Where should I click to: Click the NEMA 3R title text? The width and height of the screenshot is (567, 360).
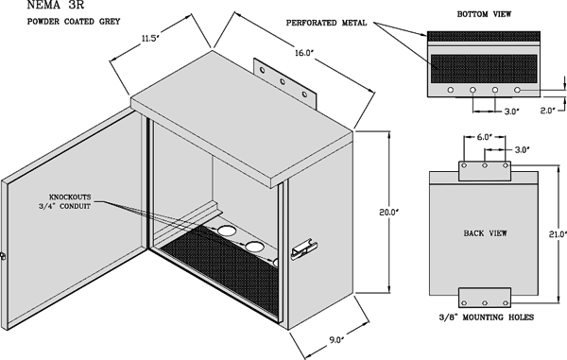56,5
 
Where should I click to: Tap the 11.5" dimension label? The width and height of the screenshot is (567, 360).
150,39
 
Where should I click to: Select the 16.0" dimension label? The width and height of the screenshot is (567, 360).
303,53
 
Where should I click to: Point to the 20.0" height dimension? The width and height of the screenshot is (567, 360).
388,213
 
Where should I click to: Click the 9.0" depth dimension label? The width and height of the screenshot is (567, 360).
335,340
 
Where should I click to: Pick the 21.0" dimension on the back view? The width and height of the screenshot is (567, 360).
558,234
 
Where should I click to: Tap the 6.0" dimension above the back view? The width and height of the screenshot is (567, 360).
485,137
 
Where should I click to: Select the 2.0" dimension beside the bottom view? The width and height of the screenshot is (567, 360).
547,111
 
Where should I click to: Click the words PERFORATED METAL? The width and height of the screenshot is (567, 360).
327,23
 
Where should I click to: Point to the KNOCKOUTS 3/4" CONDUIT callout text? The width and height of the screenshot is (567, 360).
65,201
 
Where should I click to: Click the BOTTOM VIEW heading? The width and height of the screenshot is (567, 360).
484,14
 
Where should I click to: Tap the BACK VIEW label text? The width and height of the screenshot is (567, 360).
486,233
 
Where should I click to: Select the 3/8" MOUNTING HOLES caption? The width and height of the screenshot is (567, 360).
487,317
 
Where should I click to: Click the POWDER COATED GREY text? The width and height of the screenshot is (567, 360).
74,22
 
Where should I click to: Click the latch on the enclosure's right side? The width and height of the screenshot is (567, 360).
304,249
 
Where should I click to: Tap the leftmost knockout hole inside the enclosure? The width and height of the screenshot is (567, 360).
226,231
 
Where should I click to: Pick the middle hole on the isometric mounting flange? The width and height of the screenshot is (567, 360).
283,81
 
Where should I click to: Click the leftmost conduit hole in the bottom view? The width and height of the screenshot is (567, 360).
451,90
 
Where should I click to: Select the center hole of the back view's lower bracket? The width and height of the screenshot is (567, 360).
485,303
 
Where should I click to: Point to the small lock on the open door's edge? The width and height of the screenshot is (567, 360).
3,256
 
